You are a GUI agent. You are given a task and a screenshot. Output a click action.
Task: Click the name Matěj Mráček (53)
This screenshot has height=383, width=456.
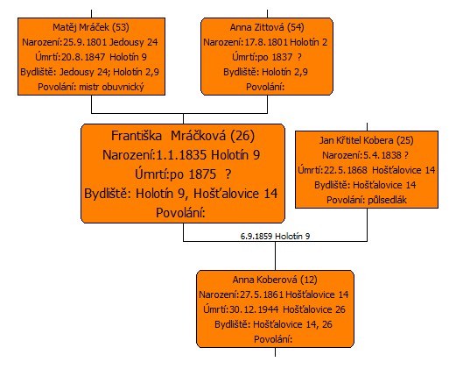coord(91,27)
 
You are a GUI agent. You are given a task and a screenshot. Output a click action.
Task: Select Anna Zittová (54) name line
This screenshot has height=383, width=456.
coord(267,27)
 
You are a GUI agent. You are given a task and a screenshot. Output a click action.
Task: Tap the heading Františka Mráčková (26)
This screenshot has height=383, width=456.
coord(183,136)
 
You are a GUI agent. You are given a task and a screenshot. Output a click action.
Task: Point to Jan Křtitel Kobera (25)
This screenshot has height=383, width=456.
coord(367,140)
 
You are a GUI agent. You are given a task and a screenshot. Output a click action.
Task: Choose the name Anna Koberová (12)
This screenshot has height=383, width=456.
coord(275,280)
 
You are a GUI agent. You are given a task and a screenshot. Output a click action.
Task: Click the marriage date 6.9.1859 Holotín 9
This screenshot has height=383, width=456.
coord(275,236)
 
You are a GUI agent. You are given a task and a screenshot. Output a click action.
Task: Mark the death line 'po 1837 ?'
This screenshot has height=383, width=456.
coord(267,57)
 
